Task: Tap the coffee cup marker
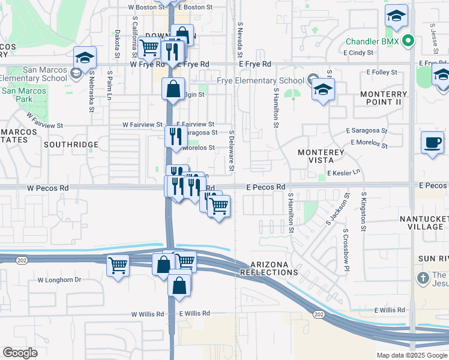[x=432, y=143]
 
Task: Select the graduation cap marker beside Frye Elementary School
[x=323, y=90]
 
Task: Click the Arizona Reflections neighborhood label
[x=265, y=268]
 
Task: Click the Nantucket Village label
[x=424, y=222]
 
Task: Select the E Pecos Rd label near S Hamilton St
[x=266, y=187]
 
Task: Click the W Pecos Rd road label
[x=47, y=188]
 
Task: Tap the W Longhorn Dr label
[x=59, y=280]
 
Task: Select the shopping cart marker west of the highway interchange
[x=118, y=265]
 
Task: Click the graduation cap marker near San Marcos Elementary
[x=85, y=58]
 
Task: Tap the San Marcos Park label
[x=23, y=95]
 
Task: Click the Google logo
[x=20, y=353]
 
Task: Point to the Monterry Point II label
[x=384, y=98]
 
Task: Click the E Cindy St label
[x=359, y=53]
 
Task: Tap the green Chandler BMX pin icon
[x=408, y=42]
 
